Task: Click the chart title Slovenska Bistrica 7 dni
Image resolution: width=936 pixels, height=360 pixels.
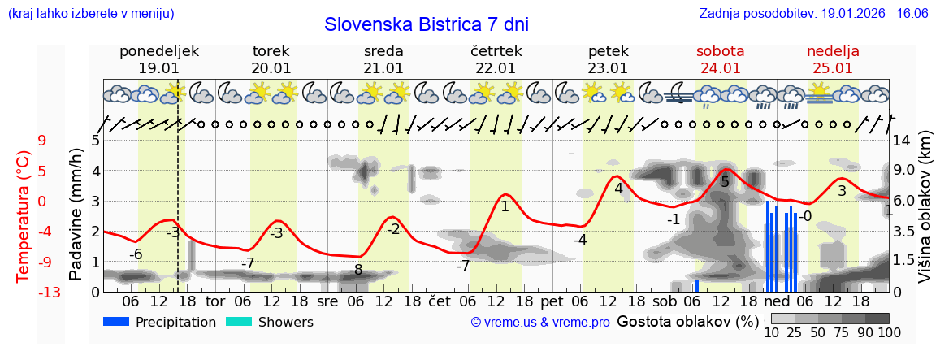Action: coord(426,24)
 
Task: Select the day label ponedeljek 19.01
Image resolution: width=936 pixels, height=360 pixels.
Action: coord(158,59)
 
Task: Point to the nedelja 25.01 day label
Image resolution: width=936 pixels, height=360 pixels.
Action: coord(833,59)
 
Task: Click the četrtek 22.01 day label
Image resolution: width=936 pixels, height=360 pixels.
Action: coord(496,59)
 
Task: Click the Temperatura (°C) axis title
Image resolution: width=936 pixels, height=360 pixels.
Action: coord(24,215)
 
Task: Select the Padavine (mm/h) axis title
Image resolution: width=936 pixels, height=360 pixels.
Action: coord(76,215)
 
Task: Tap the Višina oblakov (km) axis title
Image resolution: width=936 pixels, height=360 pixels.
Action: coord(925,215)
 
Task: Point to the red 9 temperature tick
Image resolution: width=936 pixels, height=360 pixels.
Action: coord(42,141)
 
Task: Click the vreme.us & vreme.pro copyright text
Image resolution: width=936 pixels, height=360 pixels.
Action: coord(539,323)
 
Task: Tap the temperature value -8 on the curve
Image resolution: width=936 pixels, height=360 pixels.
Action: coord(356,270)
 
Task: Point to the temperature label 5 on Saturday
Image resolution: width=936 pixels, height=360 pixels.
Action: coord(725,182)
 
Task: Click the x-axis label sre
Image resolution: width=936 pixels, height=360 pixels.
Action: coord(327,301)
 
